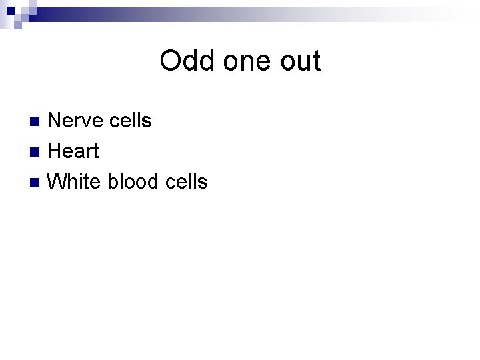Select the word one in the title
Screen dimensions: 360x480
click(x=242, y=61)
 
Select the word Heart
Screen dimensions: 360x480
click(x=73, y=151)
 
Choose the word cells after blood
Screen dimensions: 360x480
click(x=184, y=181)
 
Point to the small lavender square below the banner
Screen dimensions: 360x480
click(x=18, y=25)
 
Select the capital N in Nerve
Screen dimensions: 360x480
click(x=56, y=121)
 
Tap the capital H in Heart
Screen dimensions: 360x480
click(x=56, y=151)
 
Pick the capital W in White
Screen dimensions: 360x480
click(x=59, y=181)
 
